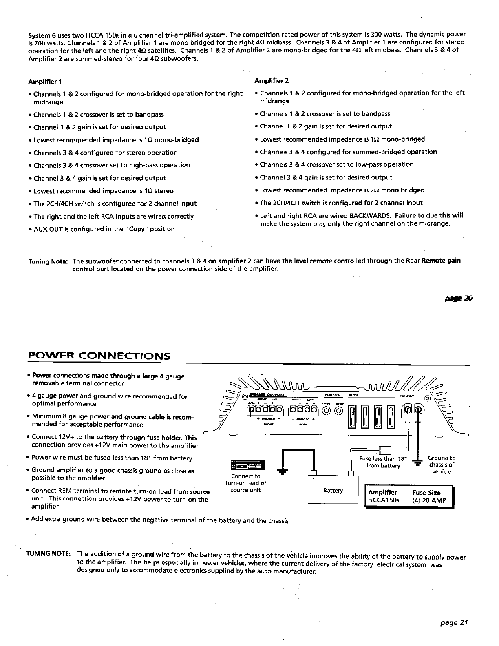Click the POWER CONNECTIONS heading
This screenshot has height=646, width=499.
[x=98, y=356]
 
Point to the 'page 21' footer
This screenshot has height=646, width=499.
[x=453, y=623]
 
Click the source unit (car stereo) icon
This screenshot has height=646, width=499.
[x=248, y=465]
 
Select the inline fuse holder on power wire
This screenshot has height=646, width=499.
[x=385, y=450]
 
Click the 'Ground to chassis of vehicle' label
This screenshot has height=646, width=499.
[x=441, y=465]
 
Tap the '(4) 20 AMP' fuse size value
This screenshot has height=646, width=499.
[x=426, y=500]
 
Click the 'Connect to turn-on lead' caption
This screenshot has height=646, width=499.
[x=245, y=483]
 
